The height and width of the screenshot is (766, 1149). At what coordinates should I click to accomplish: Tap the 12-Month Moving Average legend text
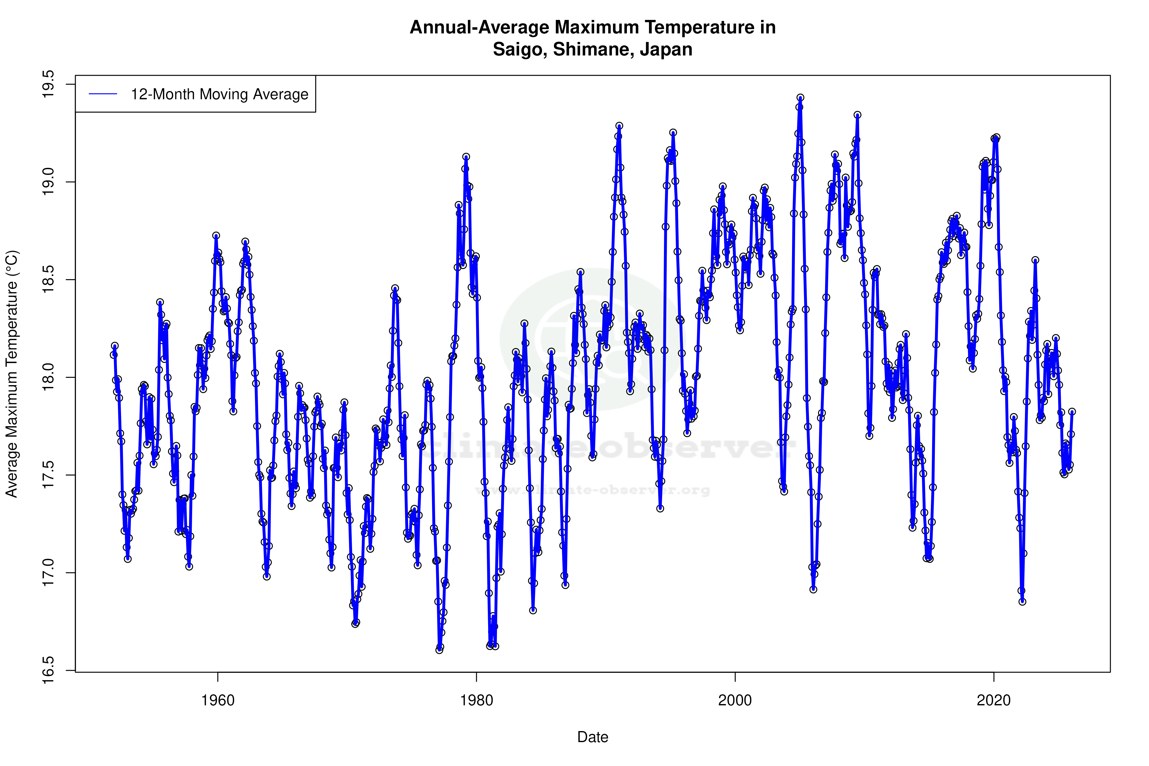tap(219, 94)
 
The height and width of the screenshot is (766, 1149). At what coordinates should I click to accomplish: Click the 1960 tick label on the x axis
tap(218, 700)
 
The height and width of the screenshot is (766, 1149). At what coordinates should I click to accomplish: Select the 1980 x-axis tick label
tap(476, 700)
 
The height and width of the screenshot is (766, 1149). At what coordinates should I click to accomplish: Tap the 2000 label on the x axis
tap(735, 700)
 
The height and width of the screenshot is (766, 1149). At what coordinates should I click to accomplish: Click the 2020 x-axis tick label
tap(993, 700)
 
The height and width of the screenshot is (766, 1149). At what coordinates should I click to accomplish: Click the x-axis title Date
tap(593, 737)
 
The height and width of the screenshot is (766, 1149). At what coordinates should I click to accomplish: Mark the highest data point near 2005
tap(800, 98)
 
